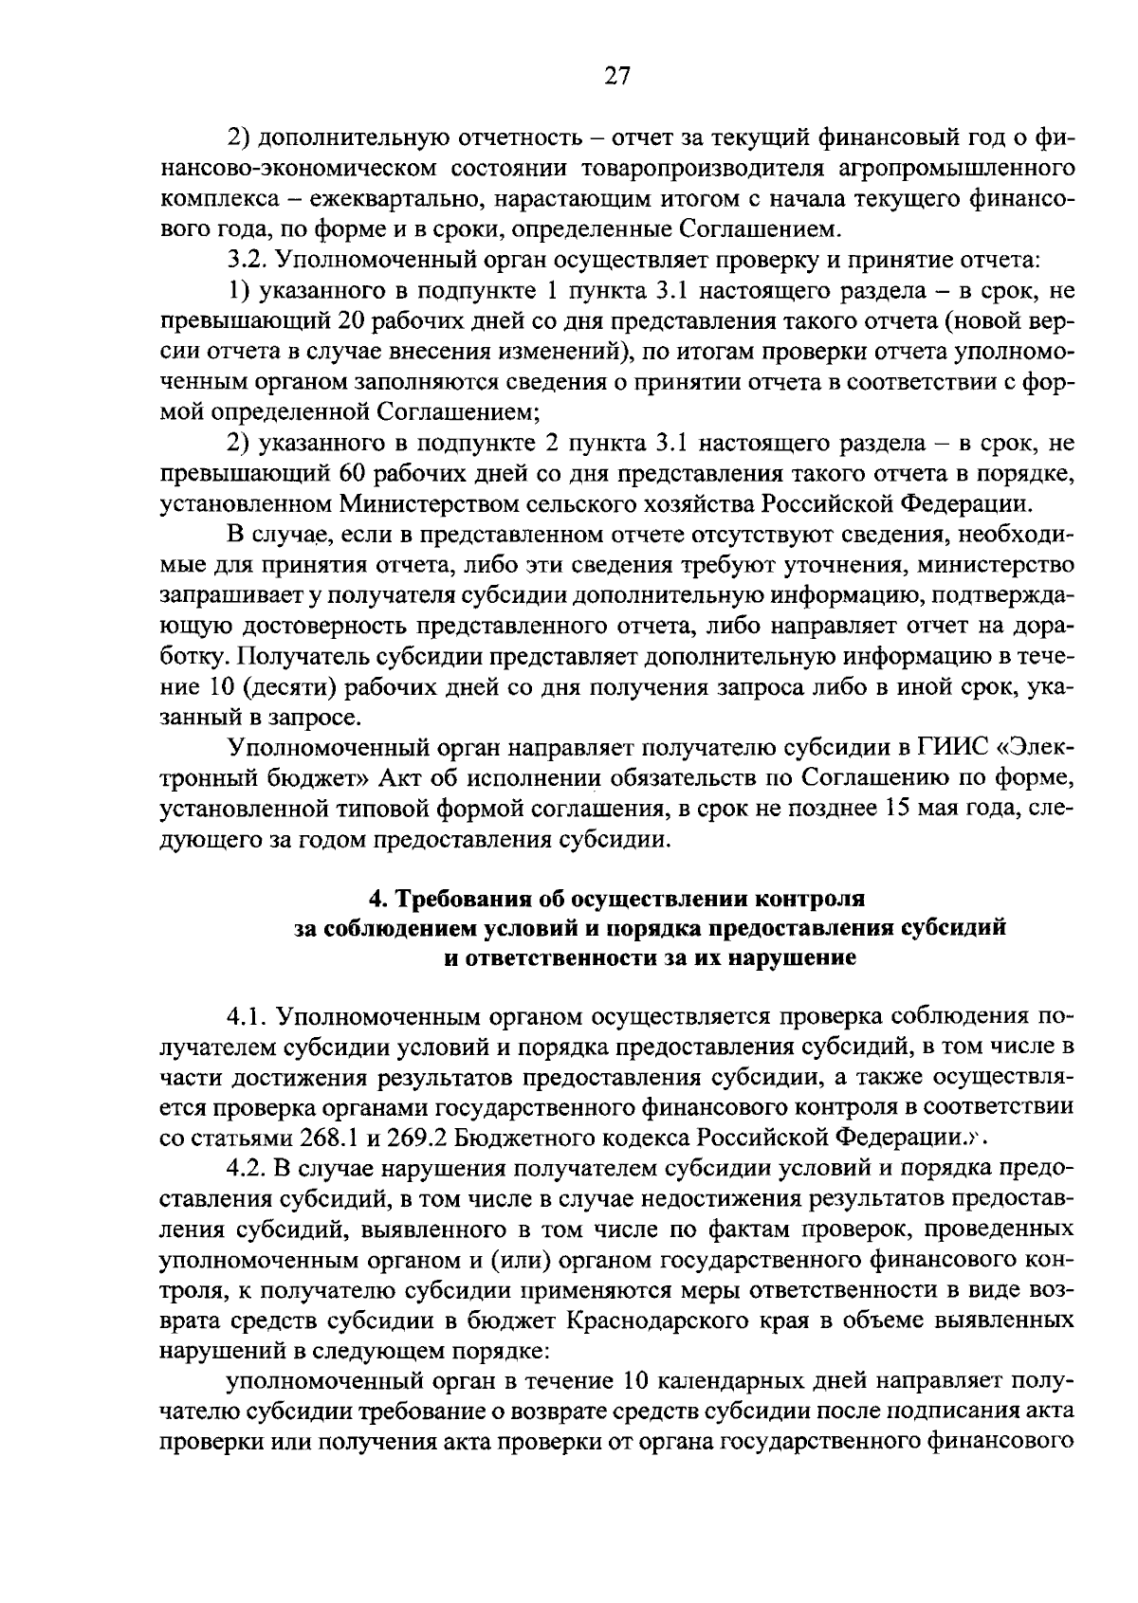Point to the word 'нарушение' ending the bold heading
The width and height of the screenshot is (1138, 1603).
point(792,958)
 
